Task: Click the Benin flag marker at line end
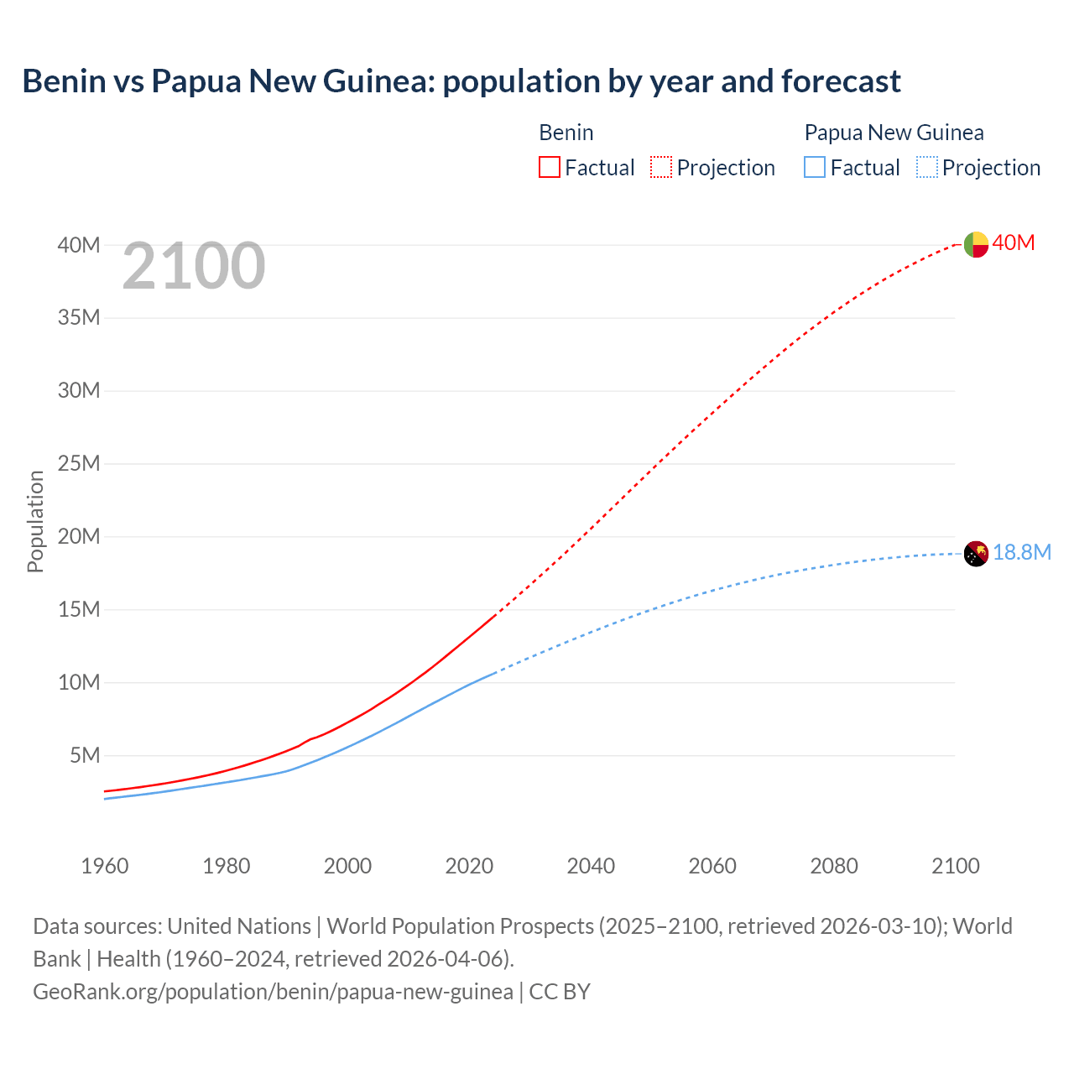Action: [x=976, y=244]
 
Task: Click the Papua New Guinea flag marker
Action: [x=976, y=554]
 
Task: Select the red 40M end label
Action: [x=1014, y=243]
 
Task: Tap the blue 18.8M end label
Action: [x=1022, y=552]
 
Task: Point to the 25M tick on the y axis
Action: [x=79, y=463]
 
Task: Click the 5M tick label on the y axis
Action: [x=85, y=755]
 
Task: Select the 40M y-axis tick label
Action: [x=79, y=245]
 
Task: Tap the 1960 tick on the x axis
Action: [x=105, y=866]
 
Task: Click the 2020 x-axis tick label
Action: [x=469, y=866]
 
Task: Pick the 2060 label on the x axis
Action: [x=712, y=866]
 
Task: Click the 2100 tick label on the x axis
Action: [x=955, y=866]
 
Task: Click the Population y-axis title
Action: [x=35, y=521]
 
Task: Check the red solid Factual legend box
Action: [x=550, y=168]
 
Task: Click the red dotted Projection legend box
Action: [x=661, y=168]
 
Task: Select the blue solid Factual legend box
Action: [x=815, y=168]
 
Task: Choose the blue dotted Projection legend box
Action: [x=926, y=168]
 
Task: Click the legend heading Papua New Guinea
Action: [x=894, y=133]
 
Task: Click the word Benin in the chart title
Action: [x=65, y=81]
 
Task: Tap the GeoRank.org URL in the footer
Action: [x=273, y=992]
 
